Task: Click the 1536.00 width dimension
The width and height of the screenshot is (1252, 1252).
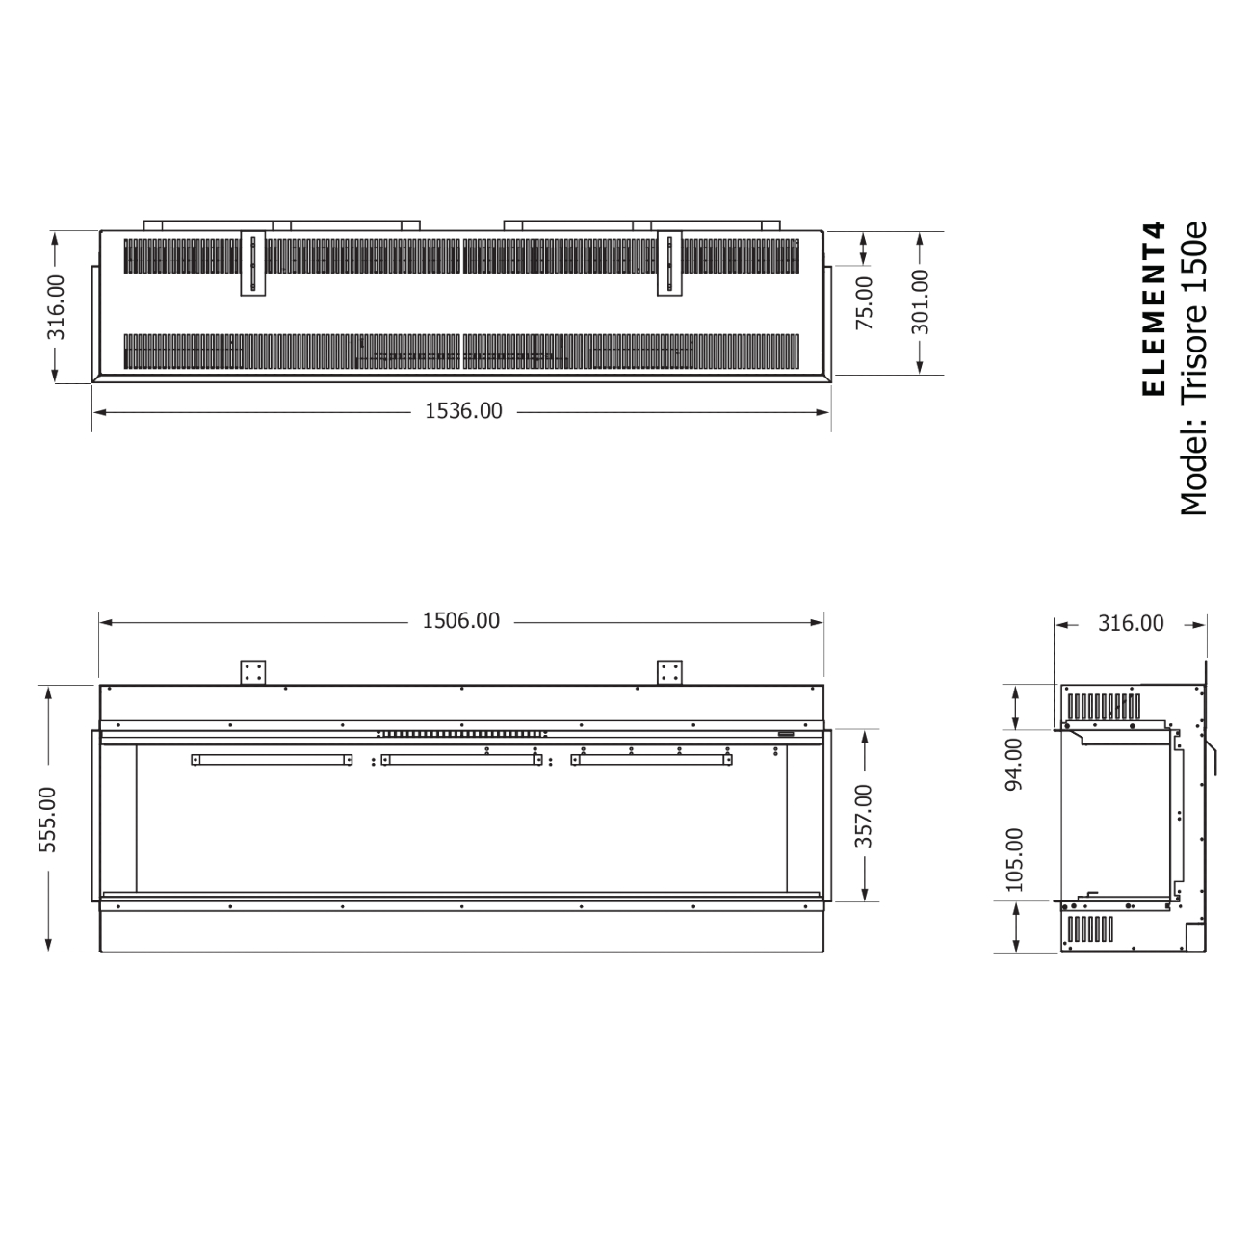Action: click(x=463, y=411)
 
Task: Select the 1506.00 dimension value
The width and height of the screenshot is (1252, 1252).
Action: click(x=461, y=621)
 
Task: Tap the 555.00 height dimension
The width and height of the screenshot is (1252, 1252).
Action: click(x=48, y=819)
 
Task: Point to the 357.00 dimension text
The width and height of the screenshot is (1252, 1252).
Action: click(x=864, y=815)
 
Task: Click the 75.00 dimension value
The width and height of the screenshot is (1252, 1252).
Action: click(x=864, y=302)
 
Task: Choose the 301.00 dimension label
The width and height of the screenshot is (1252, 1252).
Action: click(x=920, y=300)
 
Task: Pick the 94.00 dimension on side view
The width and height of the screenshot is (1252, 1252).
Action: click(x=1014, y=765)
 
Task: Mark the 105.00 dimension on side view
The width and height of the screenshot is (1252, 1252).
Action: click(x=1014, y=859)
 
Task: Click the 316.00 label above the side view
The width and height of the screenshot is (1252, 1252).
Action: click(x=1131, y=623)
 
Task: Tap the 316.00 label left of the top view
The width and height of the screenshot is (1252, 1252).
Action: click(x=56, y=306)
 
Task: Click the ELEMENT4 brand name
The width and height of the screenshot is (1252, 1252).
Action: click(x=1153, y=308)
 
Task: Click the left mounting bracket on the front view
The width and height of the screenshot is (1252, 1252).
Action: click(x=253, y=672)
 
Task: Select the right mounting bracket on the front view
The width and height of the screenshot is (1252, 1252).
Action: click(x=669, y=672)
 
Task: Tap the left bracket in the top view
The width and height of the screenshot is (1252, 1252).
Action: click(x=254, y=264)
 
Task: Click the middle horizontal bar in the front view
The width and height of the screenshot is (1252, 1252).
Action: click(x=461, y=760)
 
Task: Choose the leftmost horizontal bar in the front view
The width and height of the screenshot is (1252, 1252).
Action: click(x=272, y=760)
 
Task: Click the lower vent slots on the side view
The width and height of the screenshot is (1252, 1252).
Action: click(x=1090, y=928)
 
